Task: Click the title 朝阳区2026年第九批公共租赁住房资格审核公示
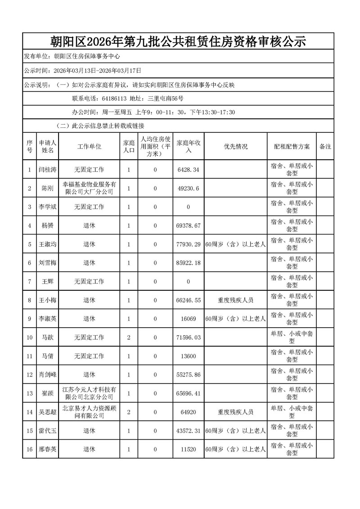point(178,42)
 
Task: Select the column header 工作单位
point(89,147)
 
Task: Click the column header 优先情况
point(235,147)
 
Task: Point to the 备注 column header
point(325,147)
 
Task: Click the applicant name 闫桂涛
point(47,170)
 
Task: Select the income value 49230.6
point(189,189)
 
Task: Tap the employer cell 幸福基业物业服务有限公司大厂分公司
point(89,189)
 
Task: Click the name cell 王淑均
point(47,244)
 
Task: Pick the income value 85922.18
point(189,263)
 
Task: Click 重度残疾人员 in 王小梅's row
point(235,300)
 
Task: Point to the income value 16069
point(189,319)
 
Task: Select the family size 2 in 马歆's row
point(129,338)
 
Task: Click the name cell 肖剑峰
point(47,374)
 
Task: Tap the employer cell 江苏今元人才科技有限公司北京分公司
point(89,393)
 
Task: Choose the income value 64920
point(189,412)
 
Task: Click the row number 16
point(29,449)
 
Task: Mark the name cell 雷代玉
point(47,431)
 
